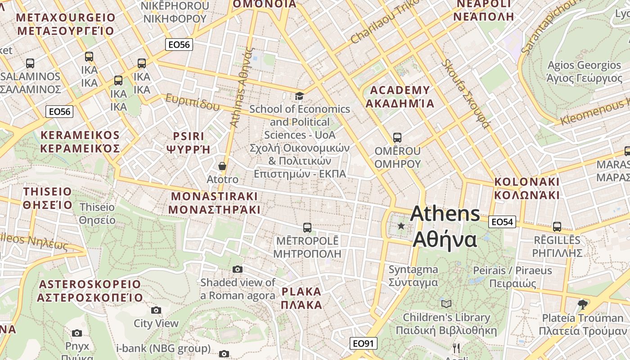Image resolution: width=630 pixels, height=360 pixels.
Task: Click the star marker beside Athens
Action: (401, 225)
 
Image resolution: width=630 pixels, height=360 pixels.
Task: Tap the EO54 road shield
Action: (502, 222)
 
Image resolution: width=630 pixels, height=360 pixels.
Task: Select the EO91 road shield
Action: (363, 344)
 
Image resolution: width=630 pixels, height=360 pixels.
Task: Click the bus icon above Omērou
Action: (397, 137)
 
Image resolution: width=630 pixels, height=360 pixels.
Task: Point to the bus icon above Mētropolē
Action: (307, 228)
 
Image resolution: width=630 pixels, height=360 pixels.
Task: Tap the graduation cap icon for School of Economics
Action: (299, 96)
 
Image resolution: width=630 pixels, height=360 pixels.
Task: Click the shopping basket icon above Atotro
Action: (222, 166)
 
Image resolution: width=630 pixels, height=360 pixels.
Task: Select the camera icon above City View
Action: (156, 310)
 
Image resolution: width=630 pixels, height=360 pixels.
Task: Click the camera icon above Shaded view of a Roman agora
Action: (238, 269)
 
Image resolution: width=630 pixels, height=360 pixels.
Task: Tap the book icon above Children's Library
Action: (446, 304)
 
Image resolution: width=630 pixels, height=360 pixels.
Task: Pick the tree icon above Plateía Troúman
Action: (583, 304)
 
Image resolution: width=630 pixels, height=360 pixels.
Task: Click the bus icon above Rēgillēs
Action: (557, 226)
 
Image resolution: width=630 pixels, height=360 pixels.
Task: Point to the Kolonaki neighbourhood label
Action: (527, 189)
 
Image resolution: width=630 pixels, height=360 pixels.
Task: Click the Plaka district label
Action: (301, 298)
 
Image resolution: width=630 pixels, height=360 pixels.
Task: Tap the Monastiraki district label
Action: (214, 203)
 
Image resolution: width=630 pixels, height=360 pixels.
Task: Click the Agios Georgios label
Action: (584, 72)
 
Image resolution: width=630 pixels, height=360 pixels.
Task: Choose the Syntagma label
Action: (413, 276)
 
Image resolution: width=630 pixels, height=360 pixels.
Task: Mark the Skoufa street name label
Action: (465, 93)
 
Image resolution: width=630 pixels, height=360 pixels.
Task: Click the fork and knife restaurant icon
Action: (456, 347)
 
